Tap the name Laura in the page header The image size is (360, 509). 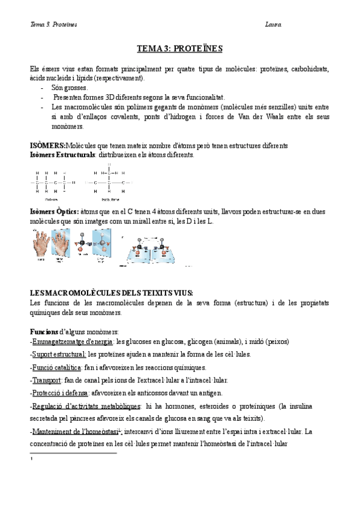[273, 25]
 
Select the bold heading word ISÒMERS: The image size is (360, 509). [48, 146]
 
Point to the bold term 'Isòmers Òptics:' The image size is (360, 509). [55, 212]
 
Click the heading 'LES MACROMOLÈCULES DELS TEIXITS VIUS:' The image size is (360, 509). [112, 292]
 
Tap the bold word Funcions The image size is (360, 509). [44, 331]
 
